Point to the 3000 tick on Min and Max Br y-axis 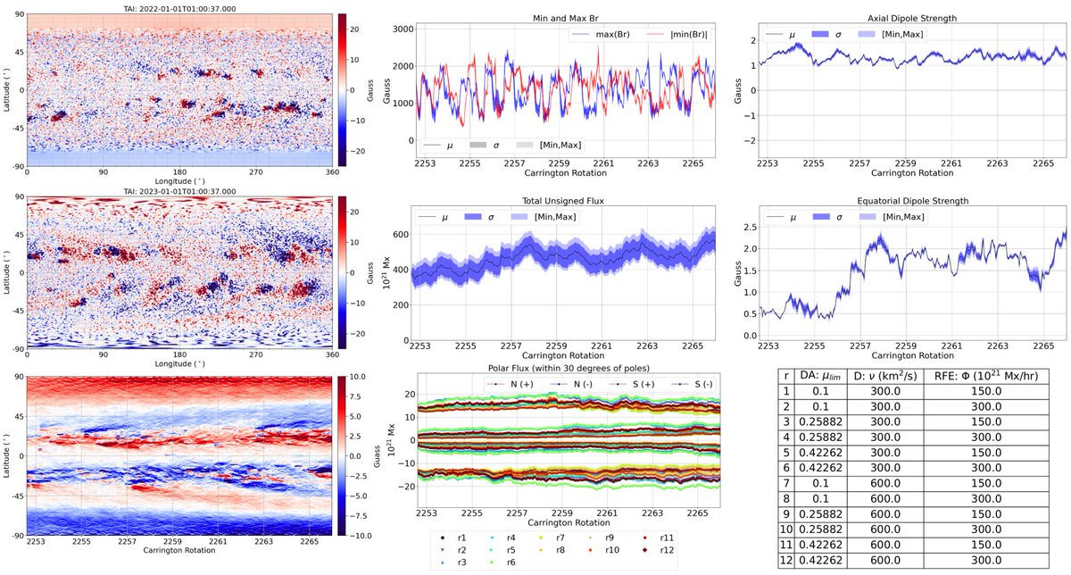tap(403, 29)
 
